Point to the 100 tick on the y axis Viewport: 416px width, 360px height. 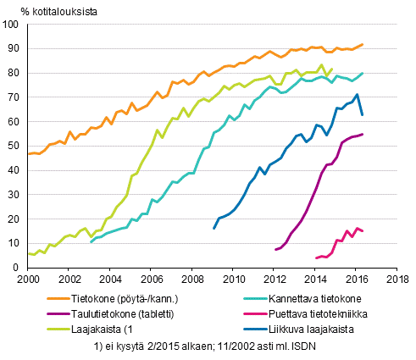pyautogui.click(x=16, y=25)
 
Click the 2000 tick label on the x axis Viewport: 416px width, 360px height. pyautogui.click(x=28, y=279)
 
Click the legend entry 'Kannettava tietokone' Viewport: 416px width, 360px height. pyautogui.click(x=314, y=297)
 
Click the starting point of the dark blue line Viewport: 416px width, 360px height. pyautogui.click(x=214, y=228)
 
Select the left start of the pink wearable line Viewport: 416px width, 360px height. pyautogui.click(x=316, y=258)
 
